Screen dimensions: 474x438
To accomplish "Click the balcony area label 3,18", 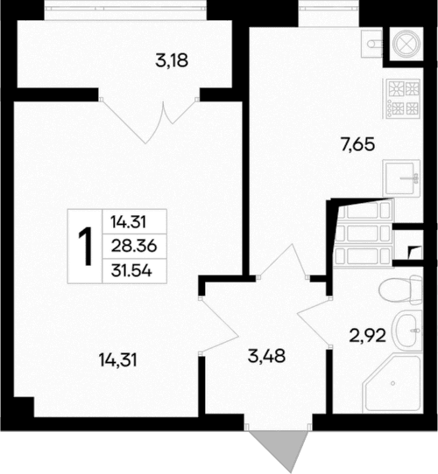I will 173,61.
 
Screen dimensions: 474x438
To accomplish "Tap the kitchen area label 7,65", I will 358,145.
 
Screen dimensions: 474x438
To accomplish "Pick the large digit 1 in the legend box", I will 86,247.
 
